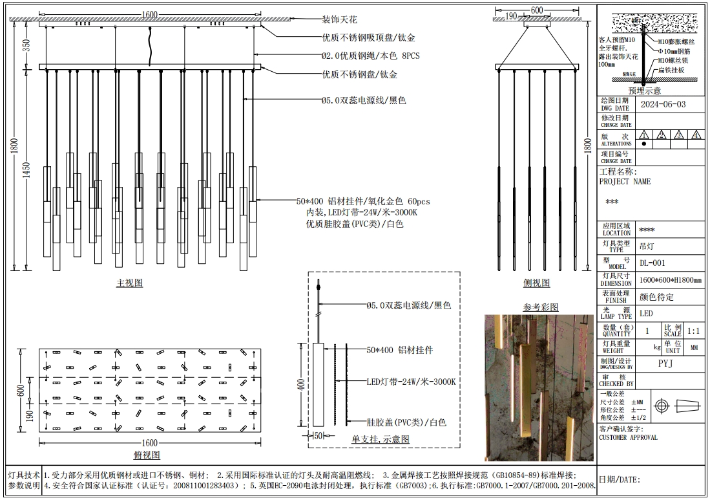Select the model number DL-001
652,263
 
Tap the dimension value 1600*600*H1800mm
670,280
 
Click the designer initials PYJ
667,364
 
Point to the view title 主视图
129,283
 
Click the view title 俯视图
147,455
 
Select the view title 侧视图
536,283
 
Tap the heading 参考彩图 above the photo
540,307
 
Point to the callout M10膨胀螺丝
676,41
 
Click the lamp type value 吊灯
646,246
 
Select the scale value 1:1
694,331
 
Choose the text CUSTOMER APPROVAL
628,437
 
